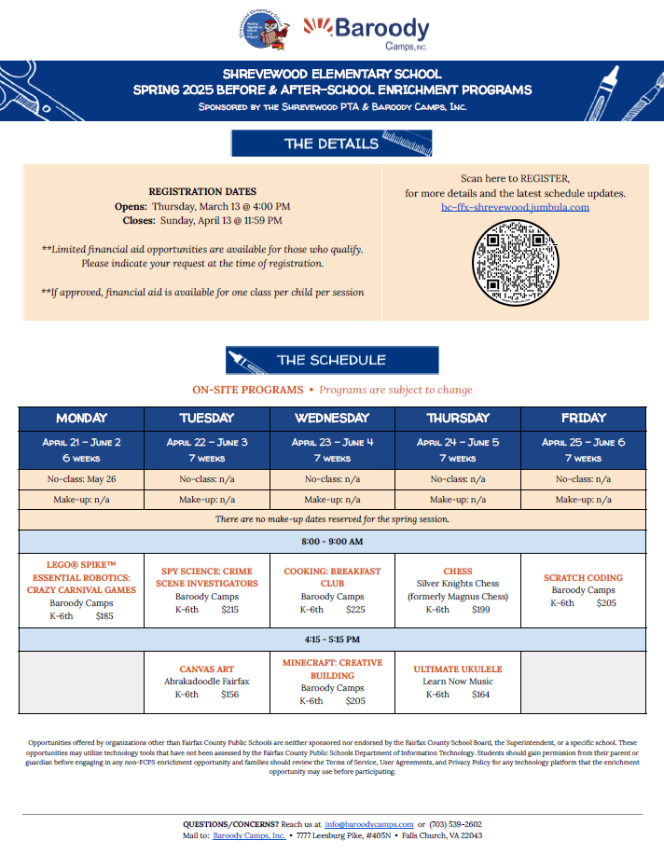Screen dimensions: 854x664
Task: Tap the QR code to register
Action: point(515,264)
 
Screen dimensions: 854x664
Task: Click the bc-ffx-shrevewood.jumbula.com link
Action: point(515,207)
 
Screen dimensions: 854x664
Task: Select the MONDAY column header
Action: point(81,418)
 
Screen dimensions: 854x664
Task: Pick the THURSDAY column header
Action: point(458,418)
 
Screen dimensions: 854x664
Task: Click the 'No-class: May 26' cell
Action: point(81,478)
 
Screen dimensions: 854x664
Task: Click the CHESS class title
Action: point(458,571)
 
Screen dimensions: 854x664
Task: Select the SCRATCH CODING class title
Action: point(583,577)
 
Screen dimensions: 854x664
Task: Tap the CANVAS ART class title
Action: point(207,668)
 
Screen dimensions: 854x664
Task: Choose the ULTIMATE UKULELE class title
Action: point(458,668)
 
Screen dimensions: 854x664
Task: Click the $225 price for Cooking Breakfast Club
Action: point(355,610)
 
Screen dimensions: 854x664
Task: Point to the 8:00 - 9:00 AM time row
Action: point(332,542)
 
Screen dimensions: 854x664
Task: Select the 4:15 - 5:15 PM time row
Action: point(332,640)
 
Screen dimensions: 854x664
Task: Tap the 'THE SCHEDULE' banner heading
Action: point(331,360)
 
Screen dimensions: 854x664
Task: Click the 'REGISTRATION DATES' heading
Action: point(202,191)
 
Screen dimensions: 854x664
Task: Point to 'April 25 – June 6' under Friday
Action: point(583,443)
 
